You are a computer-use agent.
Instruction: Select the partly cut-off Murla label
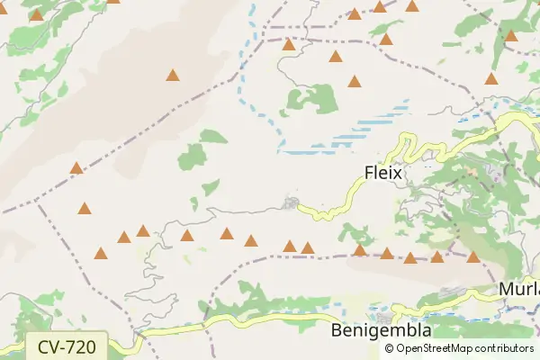[519, 292]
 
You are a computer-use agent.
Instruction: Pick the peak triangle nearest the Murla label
[473, 257]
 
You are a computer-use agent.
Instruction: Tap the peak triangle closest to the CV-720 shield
[101, 253]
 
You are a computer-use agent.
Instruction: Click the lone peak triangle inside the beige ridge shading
[172, 76]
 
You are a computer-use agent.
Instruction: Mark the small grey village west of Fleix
[290, 202]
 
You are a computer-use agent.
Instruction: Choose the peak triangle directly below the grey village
[290, 245]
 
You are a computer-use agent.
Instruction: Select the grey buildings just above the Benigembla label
[385, 318]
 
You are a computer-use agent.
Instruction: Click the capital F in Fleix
[369, 171]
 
